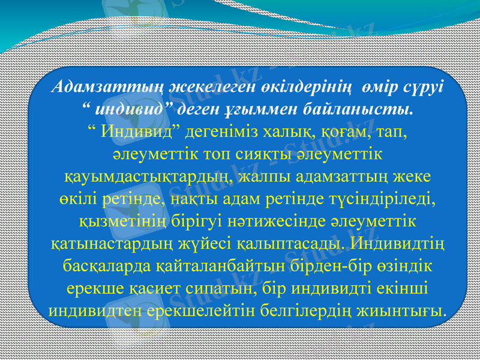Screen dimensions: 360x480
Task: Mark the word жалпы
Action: tap(266, 177)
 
